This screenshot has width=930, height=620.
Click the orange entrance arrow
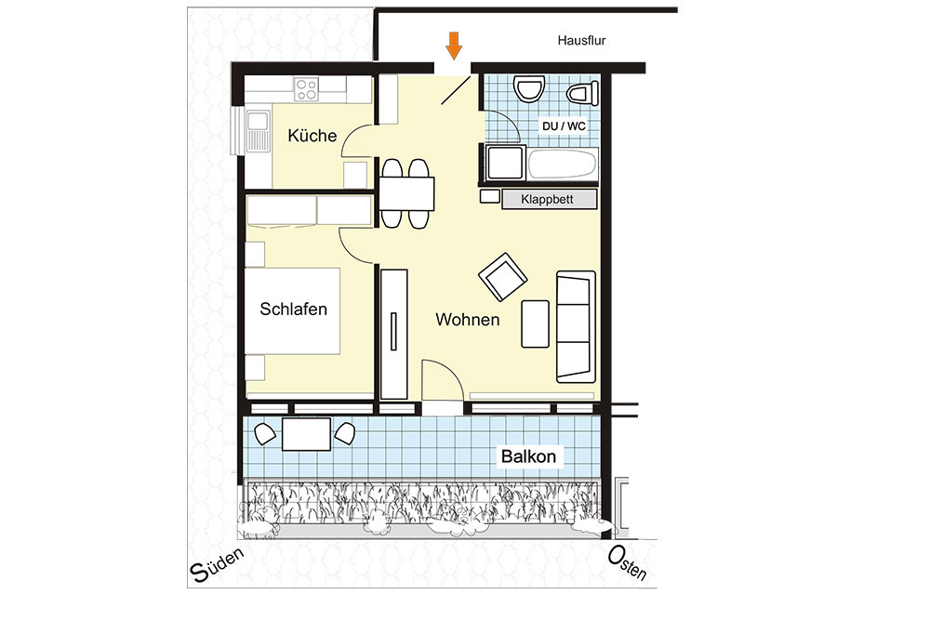[454, 46]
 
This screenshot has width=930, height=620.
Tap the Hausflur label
[581, 41]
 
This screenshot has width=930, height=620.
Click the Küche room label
[312, 136]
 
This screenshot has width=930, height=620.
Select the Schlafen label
[294, 309]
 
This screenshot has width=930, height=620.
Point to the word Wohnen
[468, 320]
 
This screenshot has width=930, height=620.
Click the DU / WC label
[564, 126]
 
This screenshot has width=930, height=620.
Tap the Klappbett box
[550, 199]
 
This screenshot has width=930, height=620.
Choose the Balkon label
[528, 456]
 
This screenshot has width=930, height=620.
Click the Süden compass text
[217, 565]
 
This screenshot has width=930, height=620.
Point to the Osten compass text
[627, 563]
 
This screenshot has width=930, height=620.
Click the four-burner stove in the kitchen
[307, 89]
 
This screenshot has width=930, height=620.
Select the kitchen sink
[258, 131]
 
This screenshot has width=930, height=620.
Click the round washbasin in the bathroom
[529, 89]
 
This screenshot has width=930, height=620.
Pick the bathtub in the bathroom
[563, 164]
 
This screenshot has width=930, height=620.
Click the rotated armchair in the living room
[503, 277]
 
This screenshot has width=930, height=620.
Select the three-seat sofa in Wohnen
[576, 326]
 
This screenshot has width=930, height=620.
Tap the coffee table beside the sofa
[535, 323]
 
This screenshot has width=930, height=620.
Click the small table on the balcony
[307, 434]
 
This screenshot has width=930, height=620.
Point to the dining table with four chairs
[406, 194]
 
